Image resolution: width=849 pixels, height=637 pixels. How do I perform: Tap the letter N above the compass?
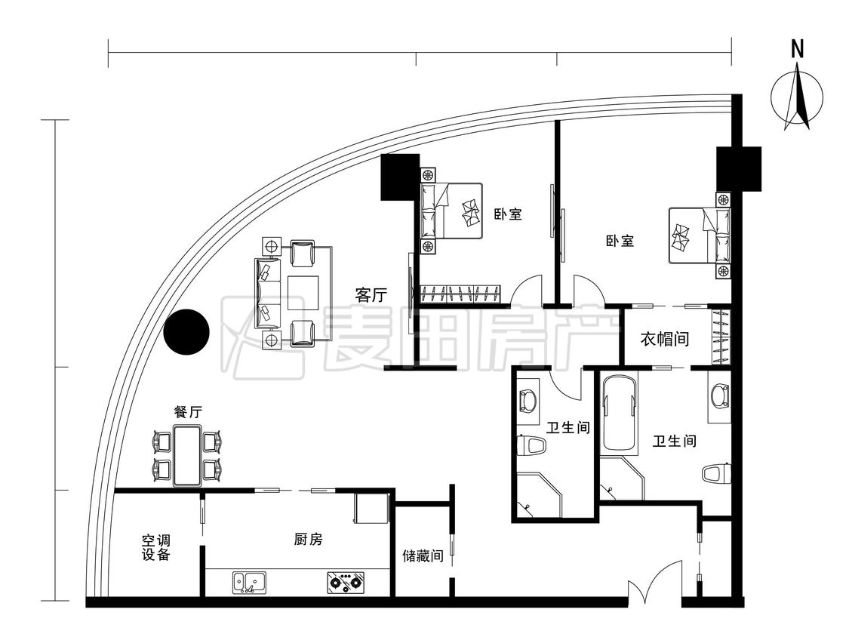point(797,49)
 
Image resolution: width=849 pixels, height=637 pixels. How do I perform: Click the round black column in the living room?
point(186,332)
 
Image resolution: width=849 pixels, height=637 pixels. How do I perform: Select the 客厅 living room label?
point(371,294)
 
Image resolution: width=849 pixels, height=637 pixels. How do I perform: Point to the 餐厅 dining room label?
point(188,411)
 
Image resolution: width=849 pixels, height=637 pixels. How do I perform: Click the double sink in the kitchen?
point(250,583)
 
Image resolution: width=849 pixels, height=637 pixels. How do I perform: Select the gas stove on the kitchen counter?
point(346,582)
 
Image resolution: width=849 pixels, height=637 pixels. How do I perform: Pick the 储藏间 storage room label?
point(423,555)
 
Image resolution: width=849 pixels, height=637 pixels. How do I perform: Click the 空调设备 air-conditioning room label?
point(156,547)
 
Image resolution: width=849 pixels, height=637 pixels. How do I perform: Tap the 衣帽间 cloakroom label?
point(665,339)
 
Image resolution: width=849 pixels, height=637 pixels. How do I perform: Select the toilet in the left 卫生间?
point(532,446)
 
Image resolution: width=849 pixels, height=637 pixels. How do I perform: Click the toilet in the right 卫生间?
point(716,473)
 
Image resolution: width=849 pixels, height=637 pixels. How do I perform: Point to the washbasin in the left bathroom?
point(527,400)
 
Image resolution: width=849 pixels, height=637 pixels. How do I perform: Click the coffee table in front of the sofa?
point(303,293)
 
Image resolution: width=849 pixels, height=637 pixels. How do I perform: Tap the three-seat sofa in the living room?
point(268,294)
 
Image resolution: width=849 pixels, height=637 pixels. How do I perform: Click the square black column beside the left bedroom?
point(400,177)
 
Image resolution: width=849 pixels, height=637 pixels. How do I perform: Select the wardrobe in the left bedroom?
point(460,294)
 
